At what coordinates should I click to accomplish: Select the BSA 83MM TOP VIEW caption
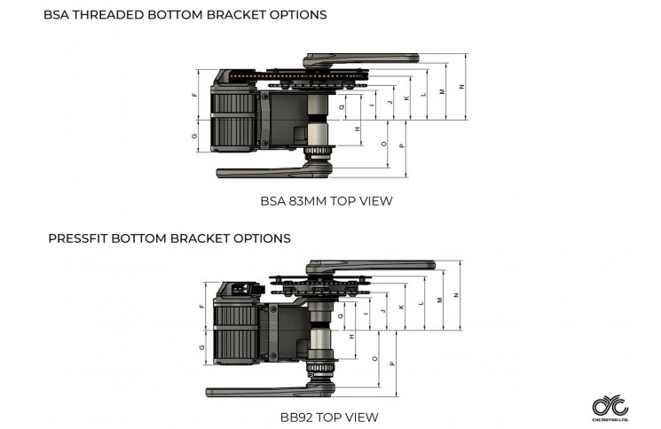[x=327, y=201]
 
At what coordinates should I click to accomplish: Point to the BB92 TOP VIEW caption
[x=327, y=417]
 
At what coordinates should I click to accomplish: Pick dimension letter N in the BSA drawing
[x=461, y=86]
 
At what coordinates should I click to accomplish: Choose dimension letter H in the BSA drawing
[x=358, y=129]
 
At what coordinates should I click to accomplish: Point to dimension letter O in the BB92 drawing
[x=376, y=359]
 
